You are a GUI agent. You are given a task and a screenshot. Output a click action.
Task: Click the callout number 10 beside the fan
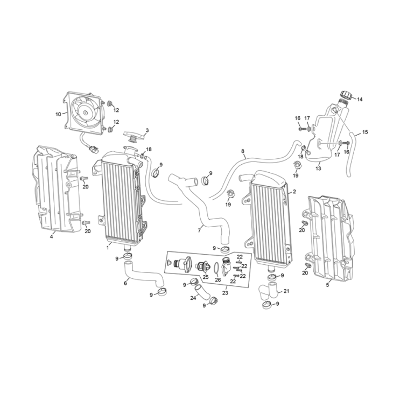[58, 114]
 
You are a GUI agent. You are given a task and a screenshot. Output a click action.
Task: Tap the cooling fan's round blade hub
[85, 113]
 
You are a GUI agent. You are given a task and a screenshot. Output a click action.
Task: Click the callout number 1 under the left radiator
[108, 248]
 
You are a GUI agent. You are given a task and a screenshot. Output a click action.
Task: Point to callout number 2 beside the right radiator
[294, 192]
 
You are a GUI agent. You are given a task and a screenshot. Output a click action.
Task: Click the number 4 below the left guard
[52, 236]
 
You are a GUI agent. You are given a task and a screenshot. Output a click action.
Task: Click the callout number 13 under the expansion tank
[318, 169]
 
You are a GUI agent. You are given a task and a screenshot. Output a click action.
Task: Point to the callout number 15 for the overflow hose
[365, 132]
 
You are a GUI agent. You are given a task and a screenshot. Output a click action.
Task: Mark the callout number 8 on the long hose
[243, 151]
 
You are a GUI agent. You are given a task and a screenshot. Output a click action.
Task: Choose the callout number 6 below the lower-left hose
[126, 283]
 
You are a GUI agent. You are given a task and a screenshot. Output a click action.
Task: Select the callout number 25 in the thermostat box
[205, 278]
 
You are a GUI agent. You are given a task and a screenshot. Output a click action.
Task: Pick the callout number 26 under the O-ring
[218, 279]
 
